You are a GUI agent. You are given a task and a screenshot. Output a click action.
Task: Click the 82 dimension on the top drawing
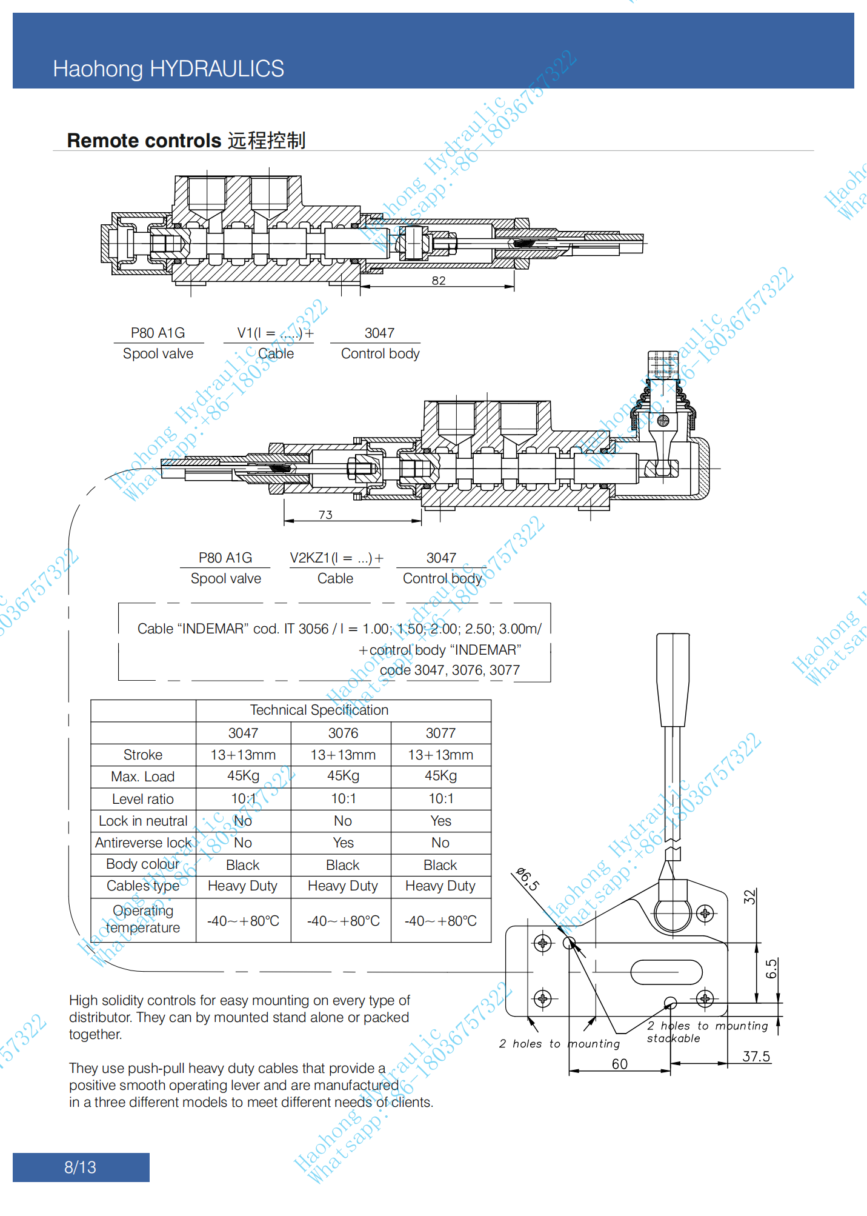click(x=439, y=281)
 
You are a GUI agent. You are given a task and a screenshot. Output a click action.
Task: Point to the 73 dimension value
click(x=325, y=515)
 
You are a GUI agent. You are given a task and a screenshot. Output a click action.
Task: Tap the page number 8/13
click(x=80, y=1167)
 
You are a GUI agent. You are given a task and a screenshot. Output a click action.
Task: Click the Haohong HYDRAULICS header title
click(x=168, y=68)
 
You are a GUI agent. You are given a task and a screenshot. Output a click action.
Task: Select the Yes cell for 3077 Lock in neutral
click(x=440, y=821)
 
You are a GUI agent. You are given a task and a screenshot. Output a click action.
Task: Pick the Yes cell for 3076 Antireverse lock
click(x=343, y=843)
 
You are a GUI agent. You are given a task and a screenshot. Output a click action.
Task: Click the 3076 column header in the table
click(x=343, y=733)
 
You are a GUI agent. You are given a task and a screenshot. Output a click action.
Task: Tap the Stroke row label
click(x=143, y=755)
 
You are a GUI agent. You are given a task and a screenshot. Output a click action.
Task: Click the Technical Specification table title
click(x=319, y=710)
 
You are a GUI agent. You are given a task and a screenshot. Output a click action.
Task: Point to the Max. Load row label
click(x=143, y=777)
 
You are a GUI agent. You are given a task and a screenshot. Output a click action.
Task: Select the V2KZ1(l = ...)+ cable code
click(x=336, y=558)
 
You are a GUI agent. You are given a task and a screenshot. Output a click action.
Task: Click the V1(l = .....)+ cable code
click(x=275, y=333)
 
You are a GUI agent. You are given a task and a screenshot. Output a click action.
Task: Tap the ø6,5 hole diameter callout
click(x=527, y=879)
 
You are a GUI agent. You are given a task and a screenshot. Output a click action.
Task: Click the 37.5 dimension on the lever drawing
click(x=756, y=1056)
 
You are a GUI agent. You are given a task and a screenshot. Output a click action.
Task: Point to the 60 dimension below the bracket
click(x=619, y=1064)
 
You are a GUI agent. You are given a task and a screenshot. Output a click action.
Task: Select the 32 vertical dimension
click(x=750, y=897)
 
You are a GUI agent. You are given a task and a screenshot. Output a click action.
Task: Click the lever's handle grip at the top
click(x=673, y=679)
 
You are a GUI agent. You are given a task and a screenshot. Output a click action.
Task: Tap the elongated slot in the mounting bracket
click(x=666, y=972)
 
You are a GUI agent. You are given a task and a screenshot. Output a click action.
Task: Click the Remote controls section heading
click(x=186, y=141)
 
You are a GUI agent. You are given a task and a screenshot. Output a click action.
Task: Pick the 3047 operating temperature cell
click(x=243, y=921)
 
